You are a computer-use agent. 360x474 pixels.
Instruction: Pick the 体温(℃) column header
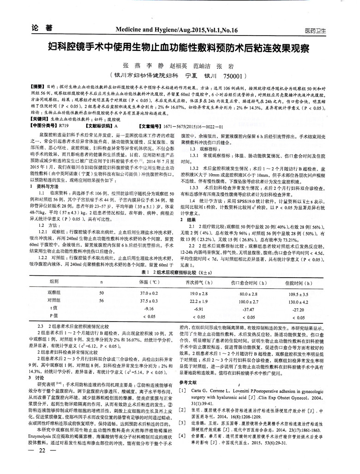151,282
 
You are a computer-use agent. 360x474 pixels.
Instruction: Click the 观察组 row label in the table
54,293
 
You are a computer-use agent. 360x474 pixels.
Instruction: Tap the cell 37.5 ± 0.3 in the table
149,300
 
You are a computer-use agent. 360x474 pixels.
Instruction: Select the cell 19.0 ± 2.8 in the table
198,293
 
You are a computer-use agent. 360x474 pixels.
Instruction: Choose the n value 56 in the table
102,300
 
